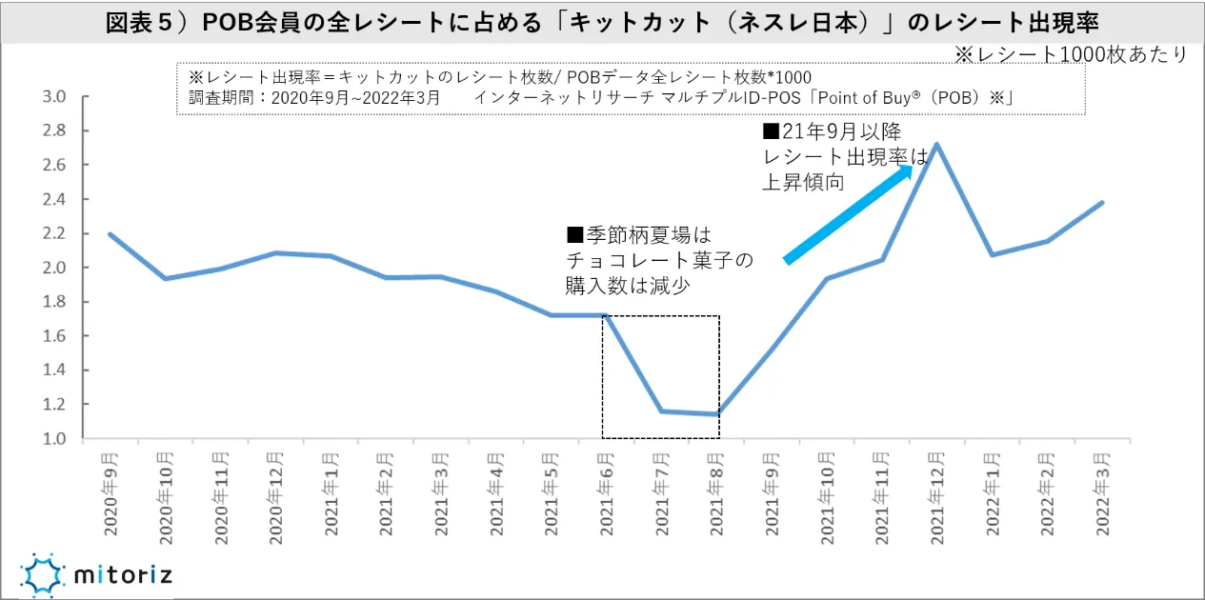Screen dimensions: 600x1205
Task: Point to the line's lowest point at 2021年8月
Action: pyautogui.click(x=716, y=414)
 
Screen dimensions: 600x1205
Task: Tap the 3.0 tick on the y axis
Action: pyautogui.click(x=54, y=96)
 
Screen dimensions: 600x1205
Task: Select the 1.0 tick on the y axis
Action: pyautogui.click(x=54, y=439)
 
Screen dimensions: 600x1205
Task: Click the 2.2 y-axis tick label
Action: pyautogui.click(x=54, y=233)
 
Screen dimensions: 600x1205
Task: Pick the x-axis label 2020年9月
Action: pyautogui.click(x=110, y=485)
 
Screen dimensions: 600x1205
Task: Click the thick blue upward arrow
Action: pyautogui.click(x=849, y=211)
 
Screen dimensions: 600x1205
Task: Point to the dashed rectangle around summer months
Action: pyautogui.click(x=660, y=377)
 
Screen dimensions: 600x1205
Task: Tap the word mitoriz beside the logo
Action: pyautogui.click(x=123, y=575)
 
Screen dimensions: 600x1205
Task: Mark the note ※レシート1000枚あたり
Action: pyautogui.click(x=1071, y=55)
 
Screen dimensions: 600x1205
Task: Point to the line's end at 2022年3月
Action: pyautogui.click(x=1102, y=202)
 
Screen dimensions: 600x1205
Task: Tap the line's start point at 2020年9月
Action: pyautogui.click(x=110, y=233)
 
